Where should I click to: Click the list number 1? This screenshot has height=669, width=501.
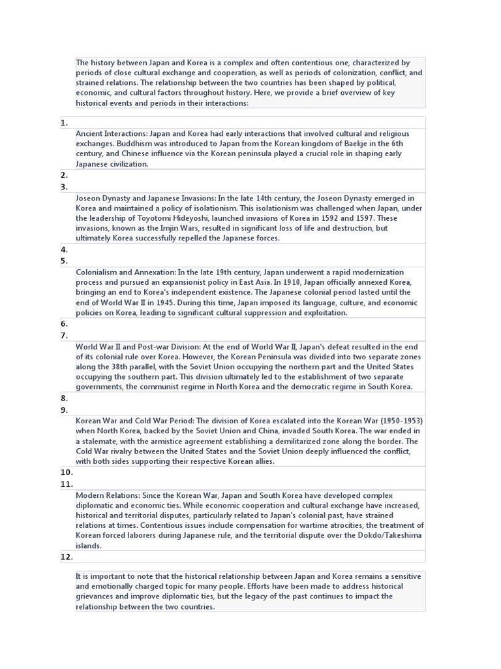point(64,123)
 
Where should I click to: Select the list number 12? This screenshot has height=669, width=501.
point(67,557)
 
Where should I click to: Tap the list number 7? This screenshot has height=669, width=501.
point(64,336)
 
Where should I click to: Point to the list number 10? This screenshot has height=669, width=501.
point(67,472)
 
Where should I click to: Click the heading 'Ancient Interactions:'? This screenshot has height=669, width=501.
point(112,133)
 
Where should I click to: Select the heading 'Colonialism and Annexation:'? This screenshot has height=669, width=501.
point(126,272)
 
